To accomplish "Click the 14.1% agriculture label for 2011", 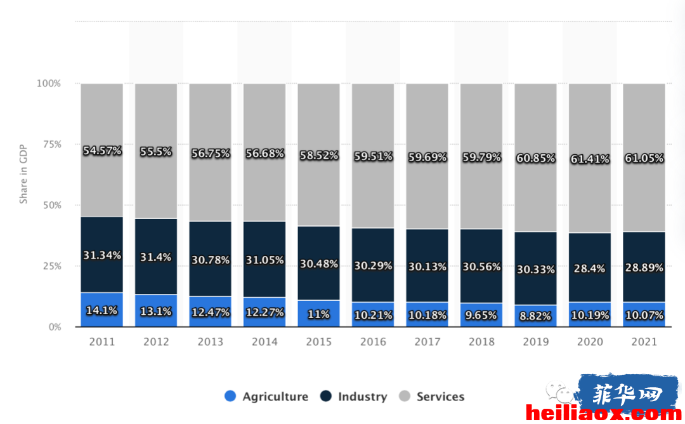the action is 101,311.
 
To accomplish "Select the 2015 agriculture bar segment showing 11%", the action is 318,314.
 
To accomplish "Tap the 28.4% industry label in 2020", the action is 589,268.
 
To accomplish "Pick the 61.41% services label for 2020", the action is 590,159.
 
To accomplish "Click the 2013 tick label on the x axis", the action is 210,342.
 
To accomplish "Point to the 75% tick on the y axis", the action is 52,145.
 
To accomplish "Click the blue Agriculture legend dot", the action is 230,396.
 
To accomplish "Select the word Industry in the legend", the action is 363,397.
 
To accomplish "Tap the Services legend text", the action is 440,397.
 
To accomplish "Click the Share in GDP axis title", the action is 23,174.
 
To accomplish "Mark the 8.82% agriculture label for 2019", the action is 535,315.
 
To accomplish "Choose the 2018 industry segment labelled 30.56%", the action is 481,266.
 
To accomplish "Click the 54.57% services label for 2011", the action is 102,151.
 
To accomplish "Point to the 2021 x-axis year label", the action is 644,342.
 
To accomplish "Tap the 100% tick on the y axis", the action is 49,84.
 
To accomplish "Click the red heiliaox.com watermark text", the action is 604,413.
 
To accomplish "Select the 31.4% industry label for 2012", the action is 156,257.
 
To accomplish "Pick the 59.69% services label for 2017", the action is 427,157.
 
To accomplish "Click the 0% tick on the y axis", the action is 55,327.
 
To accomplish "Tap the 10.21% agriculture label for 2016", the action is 373,315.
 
